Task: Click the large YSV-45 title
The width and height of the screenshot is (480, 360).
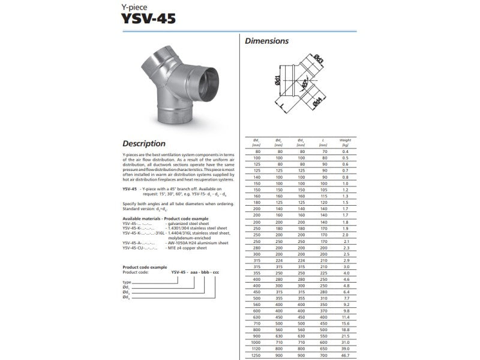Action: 149,19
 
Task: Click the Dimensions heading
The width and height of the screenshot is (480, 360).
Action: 266,41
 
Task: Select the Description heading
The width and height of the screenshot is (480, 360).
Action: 144,143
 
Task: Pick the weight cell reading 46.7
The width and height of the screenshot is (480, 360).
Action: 345,356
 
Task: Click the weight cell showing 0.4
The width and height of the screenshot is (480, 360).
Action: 345,152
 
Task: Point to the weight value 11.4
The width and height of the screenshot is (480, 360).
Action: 345,317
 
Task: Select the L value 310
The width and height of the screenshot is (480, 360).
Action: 323,298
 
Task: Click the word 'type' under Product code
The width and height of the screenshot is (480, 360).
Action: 127,281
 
